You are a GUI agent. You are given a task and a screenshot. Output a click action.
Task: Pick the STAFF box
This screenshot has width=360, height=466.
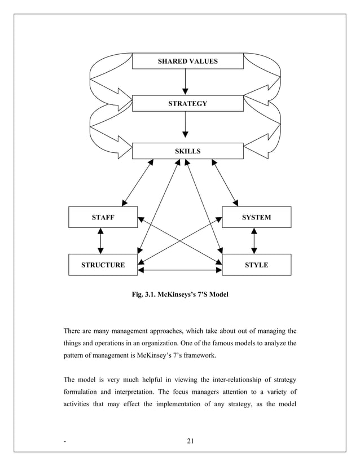(103, 217)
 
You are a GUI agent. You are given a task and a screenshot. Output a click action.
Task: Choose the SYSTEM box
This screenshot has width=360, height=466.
(256, 217)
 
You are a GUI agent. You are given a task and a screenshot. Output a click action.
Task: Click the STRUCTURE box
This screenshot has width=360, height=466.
(103, 265)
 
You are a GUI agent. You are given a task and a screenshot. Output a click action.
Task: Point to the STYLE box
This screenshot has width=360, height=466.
(256, 265)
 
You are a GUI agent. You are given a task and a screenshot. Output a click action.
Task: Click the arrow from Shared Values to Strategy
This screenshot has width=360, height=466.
(185, 82)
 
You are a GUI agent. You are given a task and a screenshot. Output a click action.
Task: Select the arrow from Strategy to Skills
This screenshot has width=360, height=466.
(185, 125)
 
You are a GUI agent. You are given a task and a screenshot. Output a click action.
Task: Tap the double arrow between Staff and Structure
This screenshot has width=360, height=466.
(100, 241)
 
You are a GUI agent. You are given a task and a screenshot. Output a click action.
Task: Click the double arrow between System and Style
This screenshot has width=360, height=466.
(254, 241)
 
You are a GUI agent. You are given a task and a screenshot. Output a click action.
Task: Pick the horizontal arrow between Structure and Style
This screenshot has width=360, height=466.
(180, 271)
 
